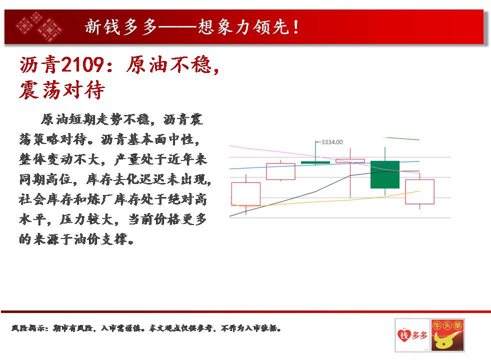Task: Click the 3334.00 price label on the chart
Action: pos(332,142)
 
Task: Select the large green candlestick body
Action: pos(385,174)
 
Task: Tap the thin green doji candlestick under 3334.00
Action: pos(315,162)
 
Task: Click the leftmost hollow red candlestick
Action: pos(246,194)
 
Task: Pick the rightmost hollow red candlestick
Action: pos(419,191)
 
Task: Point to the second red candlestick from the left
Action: pos(280,171)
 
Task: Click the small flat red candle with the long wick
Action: pos(350,161)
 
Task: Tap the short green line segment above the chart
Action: pos(401,138)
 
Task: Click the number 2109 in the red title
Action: pos(82,65)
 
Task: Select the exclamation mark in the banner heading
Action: pos(295,27)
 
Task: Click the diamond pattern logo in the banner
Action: pos(39,26)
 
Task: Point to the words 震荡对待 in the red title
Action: pos(61,90)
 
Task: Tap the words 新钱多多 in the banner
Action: pos(121,27)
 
